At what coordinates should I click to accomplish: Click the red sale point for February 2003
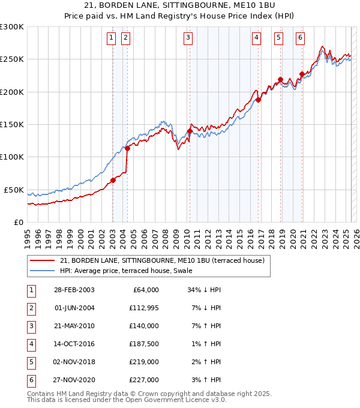point(113,180)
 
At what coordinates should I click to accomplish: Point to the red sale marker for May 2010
point(190,131)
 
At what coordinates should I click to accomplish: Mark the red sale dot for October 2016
point(258,100)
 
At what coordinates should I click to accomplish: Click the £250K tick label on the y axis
point(12,59)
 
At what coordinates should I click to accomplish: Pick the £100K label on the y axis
point(12,157)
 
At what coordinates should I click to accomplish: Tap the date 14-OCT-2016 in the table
point(74,344)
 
